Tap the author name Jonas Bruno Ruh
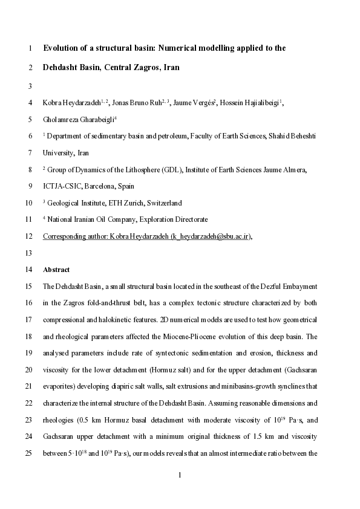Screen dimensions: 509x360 point(138,103)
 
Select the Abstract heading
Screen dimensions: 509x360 point(56,270)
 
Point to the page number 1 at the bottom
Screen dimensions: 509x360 point(180,476)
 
